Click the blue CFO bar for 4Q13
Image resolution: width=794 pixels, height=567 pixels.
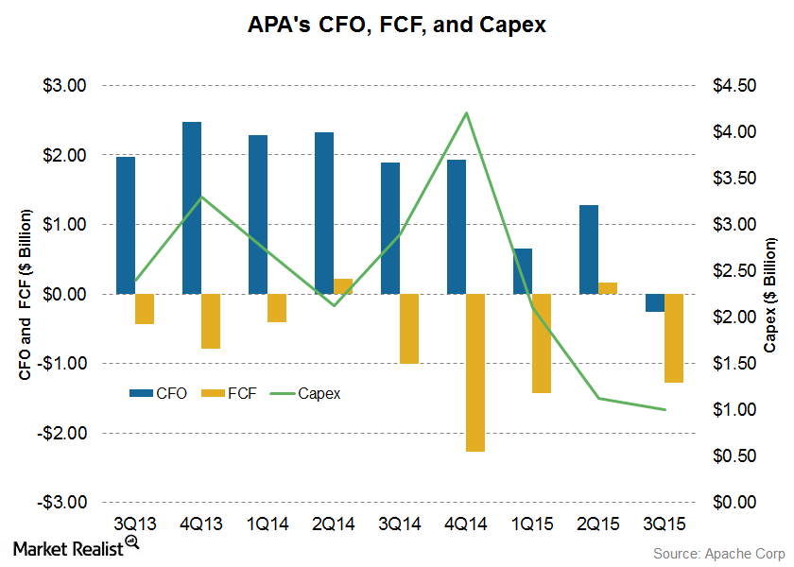192,208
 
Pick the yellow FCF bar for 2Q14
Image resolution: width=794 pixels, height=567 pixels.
342,286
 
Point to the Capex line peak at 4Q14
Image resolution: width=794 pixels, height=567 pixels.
466,113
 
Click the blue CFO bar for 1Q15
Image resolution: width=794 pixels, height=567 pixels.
523,271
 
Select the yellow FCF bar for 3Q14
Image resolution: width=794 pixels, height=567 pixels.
408,328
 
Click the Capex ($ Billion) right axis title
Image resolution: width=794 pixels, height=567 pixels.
769,294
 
